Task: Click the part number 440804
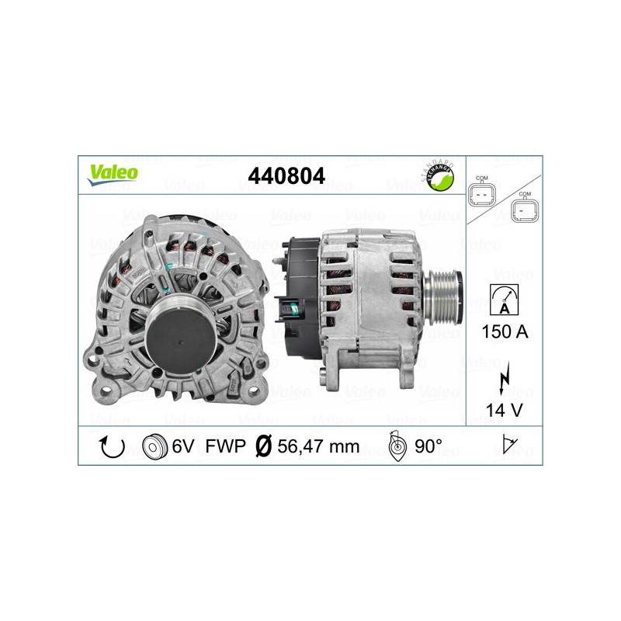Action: click(x=286, y=175)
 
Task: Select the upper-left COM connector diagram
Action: click(x=483, y=193)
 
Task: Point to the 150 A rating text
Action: click(x=505, y=332)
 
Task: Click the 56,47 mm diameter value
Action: click(x=318, y=446)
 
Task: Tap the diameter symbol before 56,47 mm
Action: click(x=263, y=446)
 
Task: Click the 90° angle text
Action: click(x=428, y=446)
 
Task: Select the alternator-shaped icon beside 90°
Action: click(x=397, y=446)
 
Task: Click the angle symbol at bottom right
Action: click(x=509, y=446)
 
